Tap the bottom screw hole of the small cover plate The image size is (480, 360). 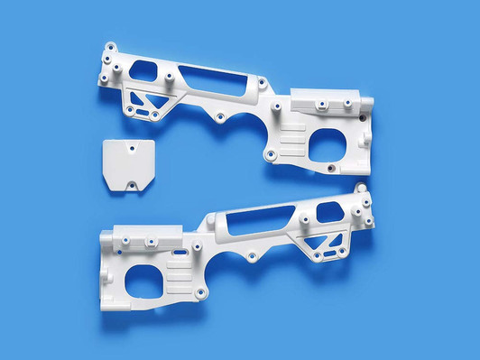click(x=133, y=186)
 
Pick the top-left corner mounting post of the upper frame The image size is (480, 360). click(x=109, y=47)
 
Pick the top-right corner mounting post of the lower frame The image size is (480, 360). click(x=364, y=189)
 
